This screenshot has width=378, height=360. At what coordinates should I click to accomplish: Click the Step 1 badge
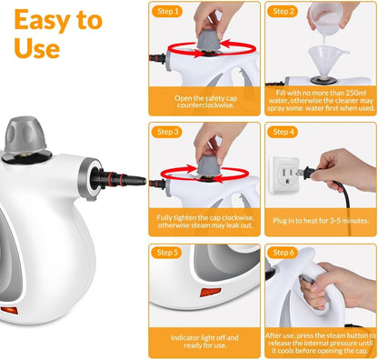tap(168, 12)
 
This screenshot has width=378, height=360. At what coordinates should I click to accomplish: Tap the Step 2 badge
tap(283, 12)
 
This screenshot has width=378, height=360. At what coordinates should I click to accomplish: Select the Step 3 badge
tap(168, 132)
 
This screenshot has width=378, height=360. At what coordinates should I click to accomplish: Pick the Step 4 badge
tap(283, 132)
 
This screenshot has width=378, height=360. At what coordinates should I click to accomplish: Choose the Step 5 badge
tap(168, 253)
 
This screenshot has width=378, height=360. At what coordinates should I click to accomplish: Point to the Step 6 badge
tap(283, 253)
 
